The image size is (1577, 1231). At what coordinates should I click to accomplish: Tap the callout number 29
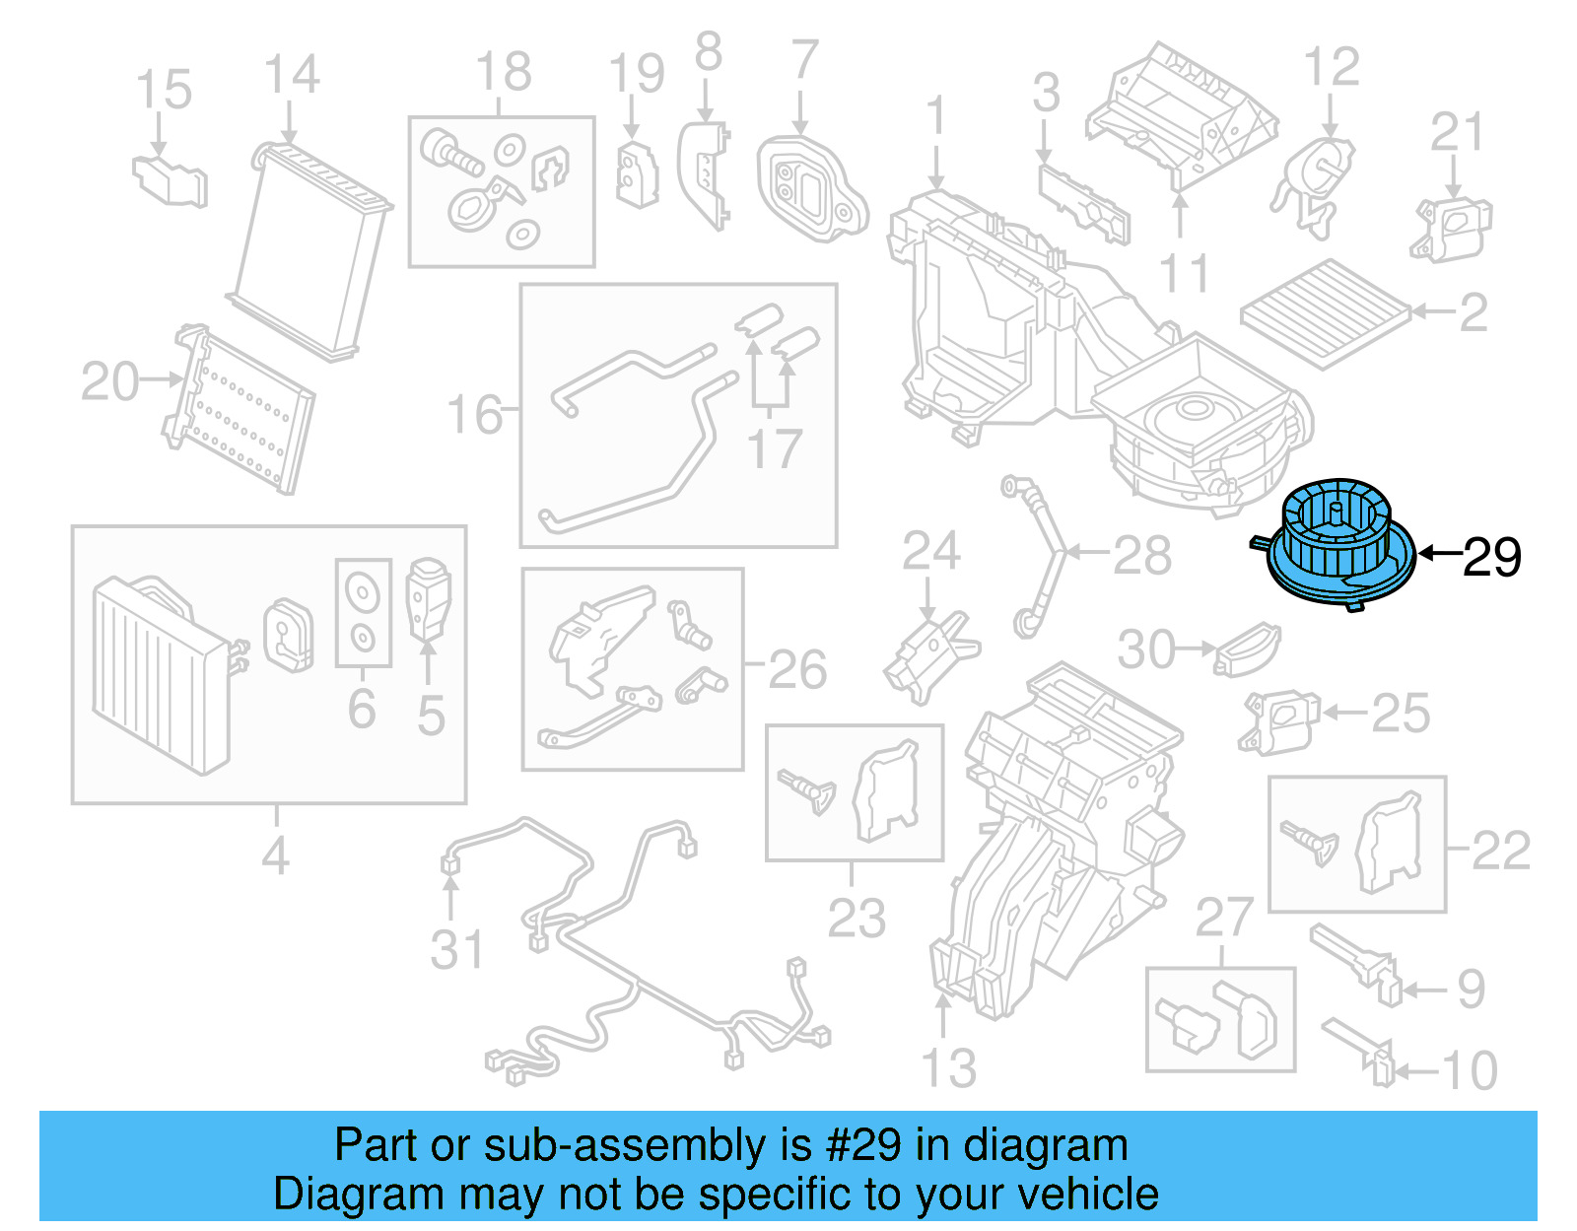(1491, 558)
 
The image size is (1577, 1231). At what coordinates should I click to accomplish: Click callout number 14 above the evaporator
(292, 75)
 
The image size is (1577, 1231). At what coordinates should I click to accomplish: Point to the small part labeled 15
(171, 180)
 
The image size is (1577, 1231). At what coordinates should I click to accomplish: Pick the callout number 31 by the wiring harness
(457, 950)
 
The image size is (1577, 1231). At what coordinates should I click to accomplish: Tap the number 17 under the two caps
(775, 449)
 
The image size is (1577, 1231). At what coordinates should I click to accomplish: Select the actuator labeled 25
(1278, 720)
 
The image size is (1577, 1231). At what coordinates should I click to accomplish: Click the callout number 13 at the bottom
(948, 1068)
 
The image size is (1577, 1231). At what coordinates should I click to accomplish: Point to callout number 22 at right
(1500, 850)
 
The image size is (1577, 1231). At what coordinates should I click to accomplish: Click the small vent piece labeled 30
(1247, 650)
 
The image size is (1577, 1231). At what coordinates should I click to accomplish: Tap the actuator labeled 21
(1453, 228)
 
